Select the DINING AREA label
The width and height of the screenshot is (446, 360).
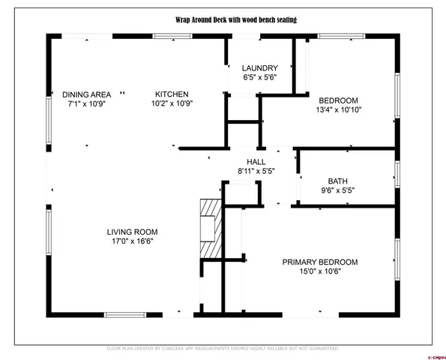87,94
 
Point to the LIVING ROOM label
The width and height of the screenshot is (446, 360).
136,232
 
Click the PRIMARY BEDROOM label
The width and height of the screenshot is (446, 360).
319,262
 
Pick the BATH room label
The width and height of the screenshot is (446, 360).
338,181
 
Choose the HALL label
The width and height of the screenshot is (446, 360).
257,162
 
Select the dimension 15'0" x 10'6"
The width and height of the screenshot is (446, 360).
319,272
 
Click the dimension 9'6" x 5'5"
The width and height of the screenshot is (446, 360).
338,190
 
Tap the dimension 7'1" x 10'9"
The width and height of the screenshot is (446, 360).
87,103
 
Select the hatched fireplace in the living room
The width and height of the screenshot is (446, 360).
212,229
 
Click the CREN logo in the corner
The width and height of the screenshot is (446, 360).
434,349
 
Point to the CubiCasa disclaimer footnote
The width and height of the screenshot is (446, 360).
223,349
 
